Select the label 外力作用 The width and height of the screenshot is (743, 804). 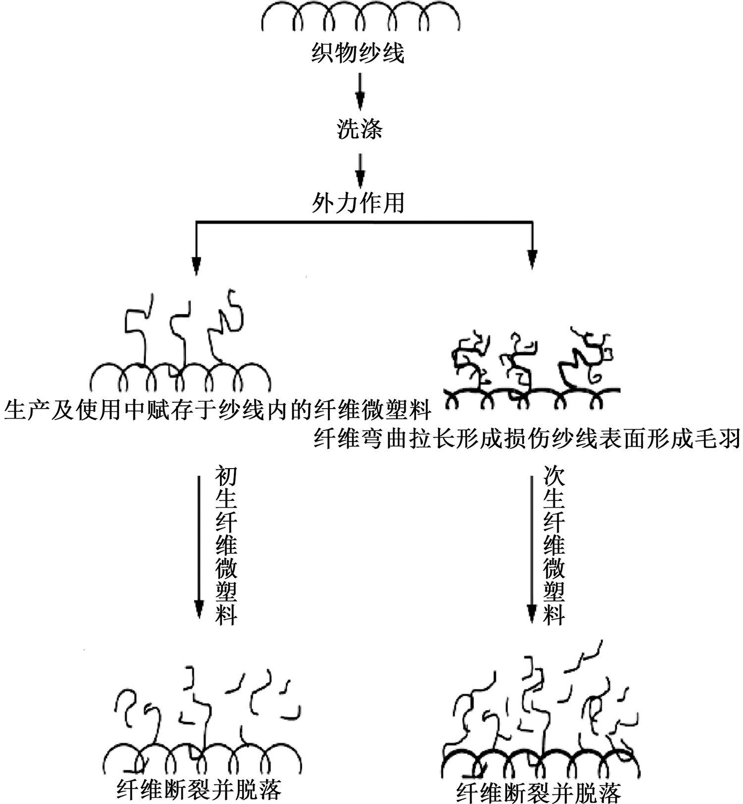tap(358, 203)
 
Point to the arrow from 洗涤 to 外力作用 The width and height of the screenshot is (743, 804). tap(360, 170)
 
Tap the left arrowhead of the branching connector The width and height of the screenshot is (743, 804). tap(197, 266)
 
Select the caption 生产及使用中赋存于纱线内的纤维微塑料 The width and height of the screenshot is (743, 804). tap(218, 411)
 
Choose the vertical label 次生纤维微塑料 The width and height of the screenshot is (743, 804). tap(554, 545)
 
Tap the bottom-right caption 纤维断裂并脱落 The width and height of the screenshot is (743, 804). tap(538, 792)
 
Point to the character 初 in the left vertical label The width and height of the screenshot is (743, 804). tap(226, 476)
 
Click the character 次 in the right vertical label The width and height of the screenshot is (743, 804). tap(554, 476)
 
